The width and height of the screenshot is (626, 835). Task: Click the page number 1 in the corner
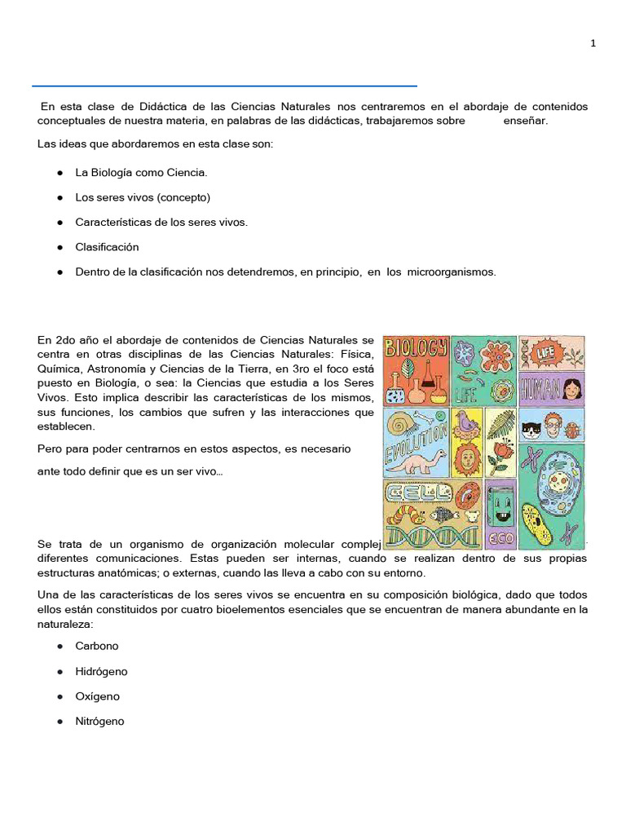593,44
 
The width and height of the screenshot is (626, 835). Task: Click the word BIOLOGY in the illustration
416,348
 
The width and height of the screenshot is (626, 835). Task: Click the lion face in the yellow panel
468,459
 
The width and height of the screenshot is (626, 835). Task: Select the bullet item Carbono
97,646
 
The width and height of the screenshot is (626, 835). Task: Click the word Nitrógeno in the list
100,722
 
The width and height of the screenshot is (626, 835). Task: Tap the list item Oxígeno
98,696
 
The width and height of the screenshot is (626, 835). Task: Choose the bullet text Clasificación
107,247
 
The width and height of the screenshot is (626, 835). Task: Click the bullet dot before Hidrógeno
61,672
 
